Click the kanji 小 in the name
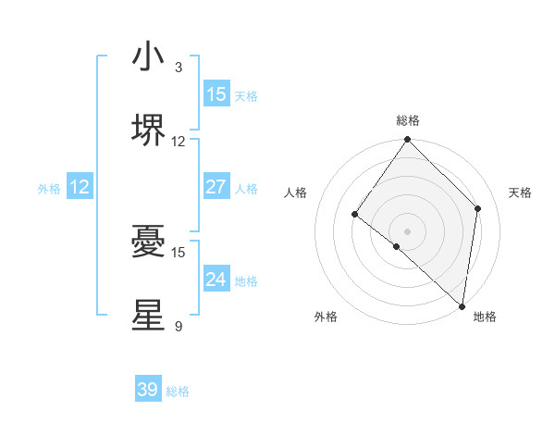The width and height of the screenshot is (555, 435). (x=148, y=57)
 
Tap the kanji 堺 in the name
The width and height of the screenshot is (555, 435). (x=148, y=130)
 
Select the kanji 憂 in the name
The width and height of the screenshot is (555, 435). (x=148, y=242)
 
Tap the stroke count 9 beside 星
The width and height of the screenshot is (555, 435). (x=178, y=326)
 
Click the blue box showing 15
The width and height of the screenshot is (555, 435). (x=216, y=94)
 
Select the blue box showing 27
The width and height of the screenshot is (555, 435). (x=216, y=187)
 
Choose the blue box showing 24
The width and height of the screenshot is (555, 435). (x=216, y=280)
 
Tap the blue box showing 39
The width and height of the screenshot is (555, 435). (x=148, y=390)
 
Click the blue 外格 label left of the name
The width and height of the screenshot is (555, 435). (x=49, y=189)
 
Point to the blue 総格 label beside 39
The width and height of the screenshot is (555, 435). (x=178, y=391)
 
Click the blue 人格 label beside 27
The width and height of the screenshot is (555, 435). (x=246, y=189)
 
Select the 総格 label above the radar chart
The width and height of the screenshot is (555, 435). (x=407, y=120)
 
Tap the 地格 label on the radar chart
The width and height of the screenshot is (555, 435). (x=485, y=317)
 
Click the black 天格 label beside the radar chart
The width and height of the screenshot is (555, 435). (x=520, y=193)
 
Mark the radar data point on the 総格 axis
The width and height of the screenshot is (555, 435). (x=407, y=140)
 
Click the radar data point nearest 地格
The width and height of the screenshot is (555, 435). (x=462, y=306)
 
